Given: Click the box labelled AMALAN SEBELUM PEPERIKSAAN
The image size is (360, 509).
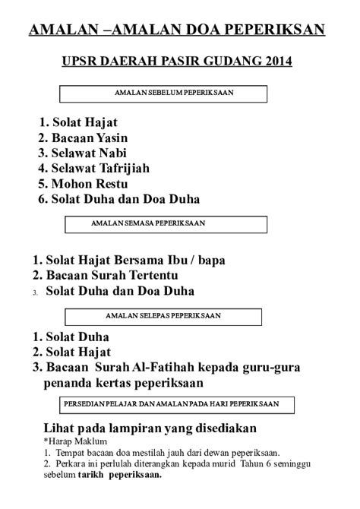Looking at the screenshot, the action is point(163,93).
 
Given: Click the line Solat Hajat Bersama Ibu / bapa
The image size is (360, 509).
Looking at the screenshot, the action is point(129,259).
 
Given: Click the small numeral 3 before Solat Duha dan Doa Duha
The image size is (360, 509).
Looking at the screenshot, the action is point(35,292).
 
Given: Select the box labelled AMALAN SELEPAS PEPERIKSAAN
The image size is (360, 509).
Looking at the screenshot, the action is point(163,315).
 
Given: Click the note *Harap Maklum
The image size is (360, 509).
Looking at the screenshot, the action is point(75,441).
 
